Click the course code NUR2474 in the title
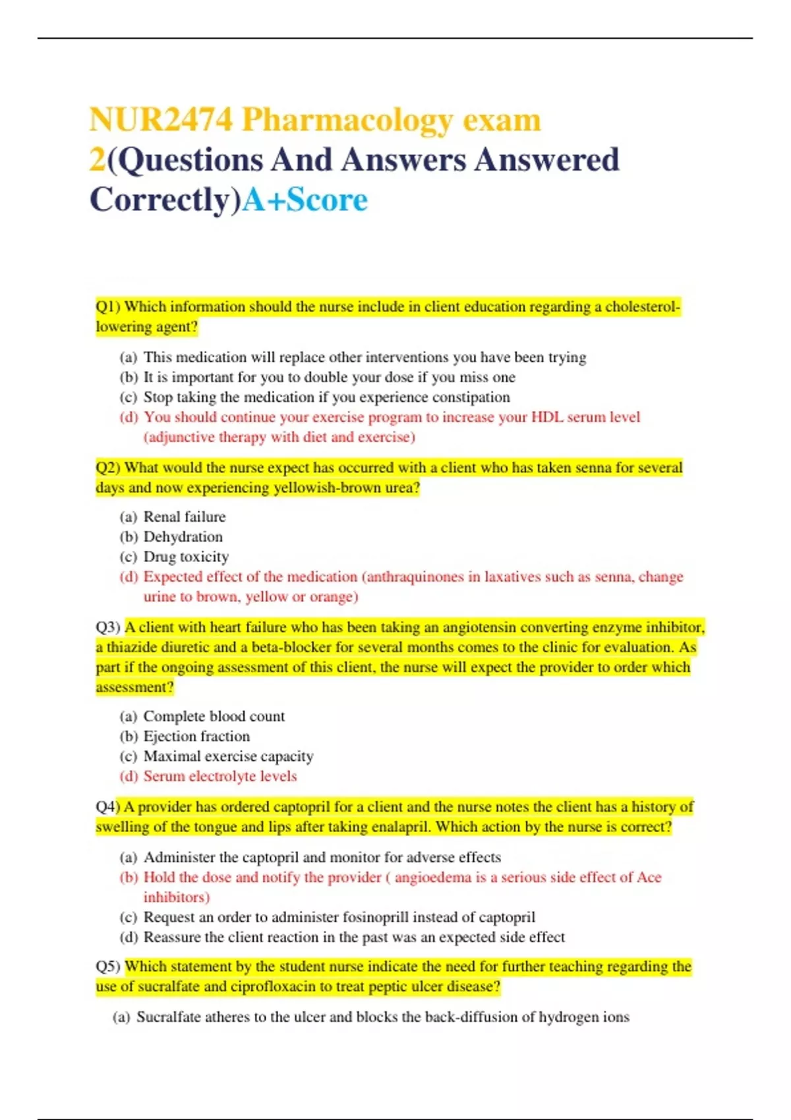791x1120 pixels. [x=161, y=120]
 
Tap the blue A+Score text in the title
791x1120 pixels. [x=305, y=200]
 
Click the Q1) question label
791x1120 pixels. [x=109, y=306]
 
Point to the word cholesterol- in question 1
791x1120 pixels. [x=643, y=306]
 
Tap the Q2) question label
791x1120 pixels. [x=109, y=468]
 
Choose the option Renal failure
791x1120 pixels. [x=185, y=517]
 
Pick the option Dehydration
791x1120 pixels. [x=183, y=537]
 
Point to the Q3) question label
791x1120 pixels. [x=108, y=627]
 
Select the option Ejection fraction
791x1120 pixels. [x=196, y=737]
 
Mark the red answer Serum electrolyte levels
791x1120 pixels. [x=220, y=776]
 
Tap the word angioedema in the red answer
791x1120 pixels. [x=433, y=878]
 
